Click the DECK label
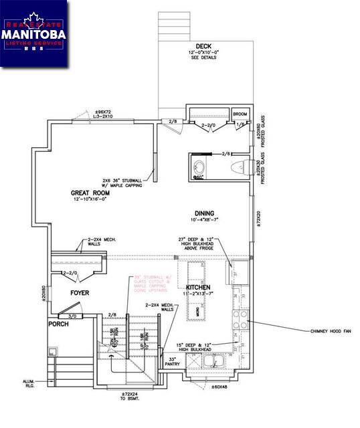coord(203,46)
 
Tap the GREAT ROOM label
coord(90,193)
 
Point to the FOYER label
coord(80,293)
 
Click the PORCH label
coord(58,324)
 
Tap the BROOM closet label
coord(239,114)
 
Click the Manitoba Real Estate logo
coord(34,33)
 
